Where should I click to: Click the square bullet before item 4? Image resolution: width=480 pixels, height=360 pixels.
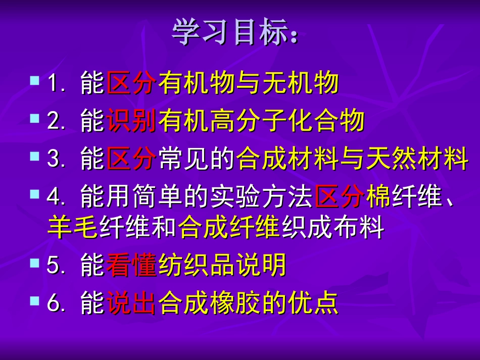[34, 194]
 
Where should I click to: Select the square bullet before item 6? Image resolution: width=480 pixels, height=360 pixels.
[34, 301]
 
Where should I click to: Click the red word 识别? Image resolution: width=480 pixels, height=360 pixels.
[131, 121]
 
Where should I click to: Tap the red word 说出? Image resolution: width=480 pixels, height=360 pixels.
[131, 304]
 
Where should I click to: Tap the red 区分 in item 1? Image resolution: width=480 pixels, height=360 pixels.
[131, 83]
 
